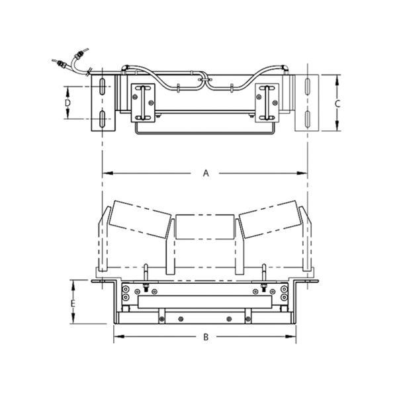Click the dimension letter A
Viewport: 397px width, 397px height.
click(x=206, y=173)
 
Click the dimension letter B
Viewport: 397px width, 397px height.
click(x=206, y=337)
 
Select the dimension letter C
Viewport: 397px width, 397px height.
click(x=337, y=104)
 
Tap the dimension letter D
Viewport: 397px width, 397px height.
click(x=67, y=103)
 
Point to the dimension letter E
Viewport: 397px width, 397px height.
click(x=73, y=303)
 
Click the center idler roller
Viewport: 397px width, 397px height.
click(x=204, y=227)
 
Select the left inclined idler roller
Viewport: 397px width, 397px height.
click(x=140, y=220)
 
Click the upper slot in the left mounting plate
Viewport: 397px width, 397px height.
click(x=103, y=86)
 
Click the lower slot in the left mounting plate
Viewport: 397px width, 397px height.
click(x=103, y=118)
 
